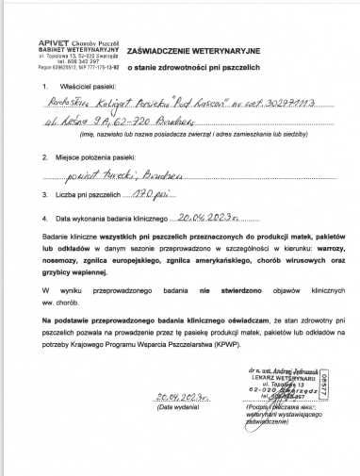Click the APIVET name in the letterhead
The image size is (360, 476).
tap(54, 43)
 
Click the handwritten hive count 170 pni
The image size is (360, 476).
tap(162, 193)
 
